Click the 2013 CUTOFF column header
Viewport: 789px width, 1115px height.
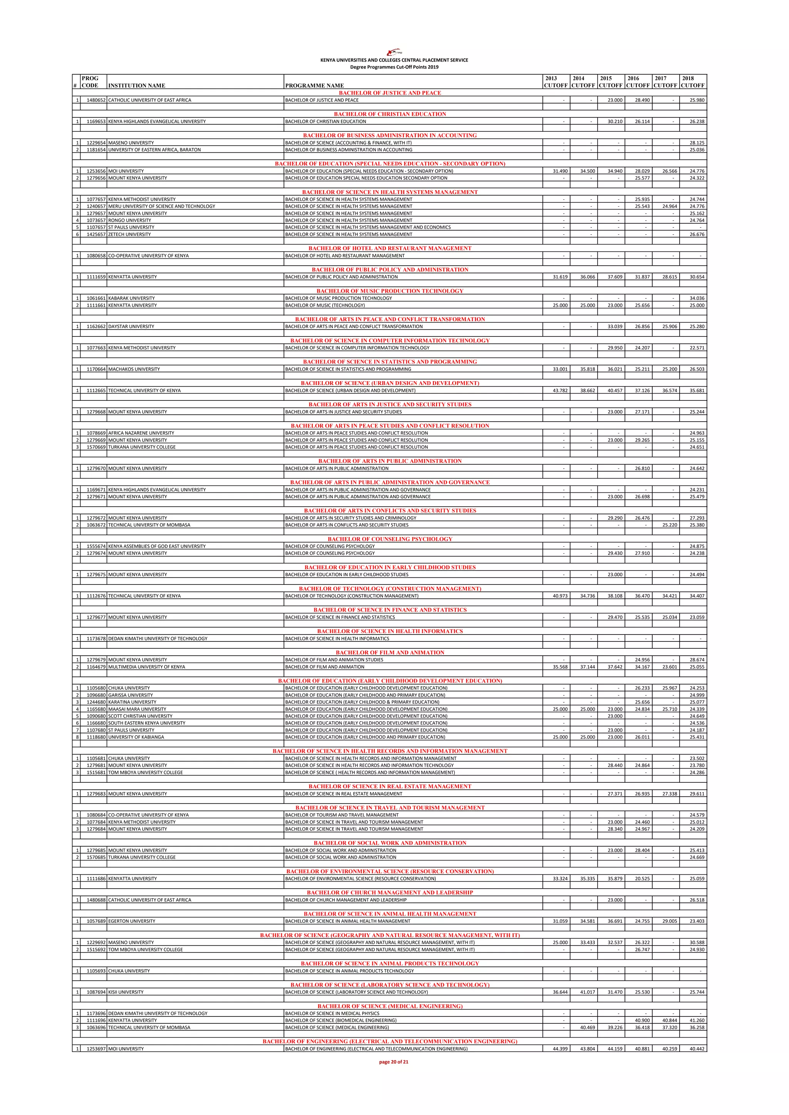point(556,82)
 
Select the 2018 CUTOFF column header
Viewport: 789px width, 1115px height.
point(692,82)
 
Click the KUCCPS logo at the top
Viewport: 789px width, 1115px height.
point(394,53)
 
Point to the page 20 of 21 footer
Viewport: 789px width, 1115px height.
point(393,1061)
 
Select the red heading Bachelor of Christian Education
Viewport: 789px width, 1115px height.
point(389,114)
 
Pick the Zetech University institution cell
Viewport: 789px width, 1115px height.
point(129,234)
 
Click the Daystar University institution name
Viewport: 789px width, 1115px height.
point(131,326)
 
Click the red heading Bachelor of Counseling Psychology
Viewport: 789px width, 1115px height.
point(389,539)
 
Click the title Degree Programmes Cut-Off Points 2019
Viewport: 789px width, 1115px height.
point(394,67)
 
